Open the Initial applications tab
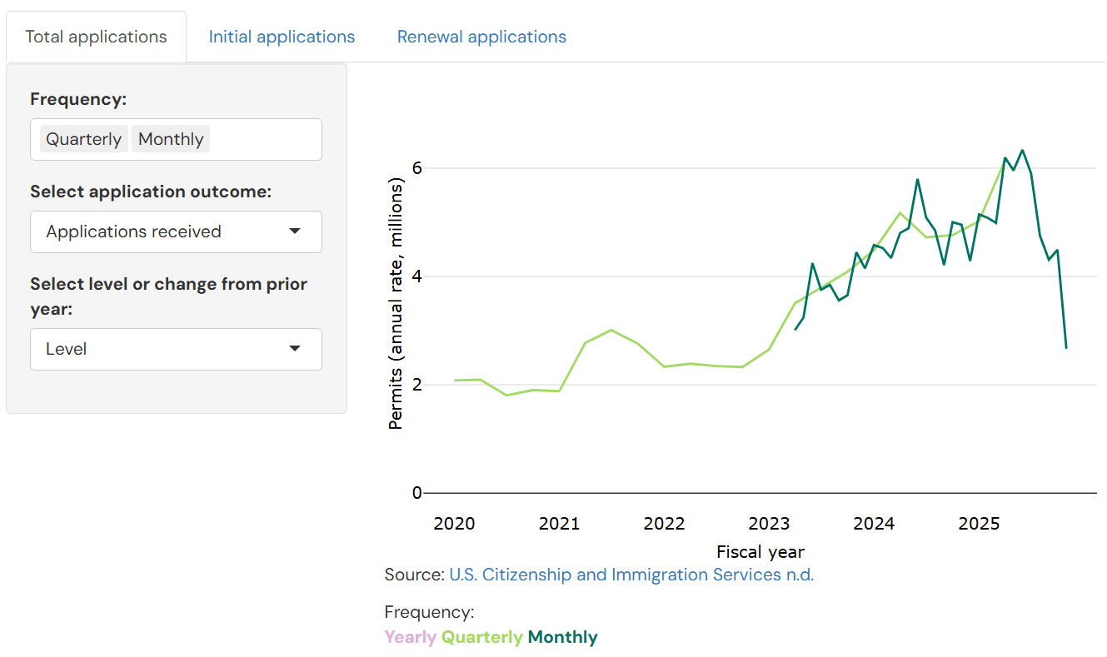click(282, 37)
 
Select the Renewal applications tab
click(481, 37)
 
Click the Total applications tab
click(96, 37)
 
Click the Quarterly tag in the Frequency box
click(84, 139)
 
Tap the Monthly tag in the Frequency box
click(171, 139)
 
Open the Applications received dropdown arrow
click(295, 231)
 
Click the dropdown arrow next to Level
click(295, 349)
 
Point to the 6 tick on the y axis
click(416, 167)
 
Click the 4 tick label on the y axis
click(416, 276)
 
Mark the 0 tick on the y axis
click(416, 493)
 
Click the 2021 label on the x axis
click(559, 524)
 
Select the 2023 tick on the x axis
click(769, 524)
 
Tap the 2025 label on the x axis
click(979, 524)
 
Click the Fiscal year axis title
click(760, 551)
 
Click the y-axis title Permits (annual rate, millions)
click(396, 306)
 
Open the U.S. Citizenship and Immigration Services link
click(631, 575)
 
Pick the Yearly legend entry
click(410, 638)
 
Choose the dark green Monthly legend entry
click(562, 638)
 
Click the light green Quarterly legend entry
click(481, 638)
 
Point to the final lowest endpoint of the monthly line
click(1065, 347)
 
